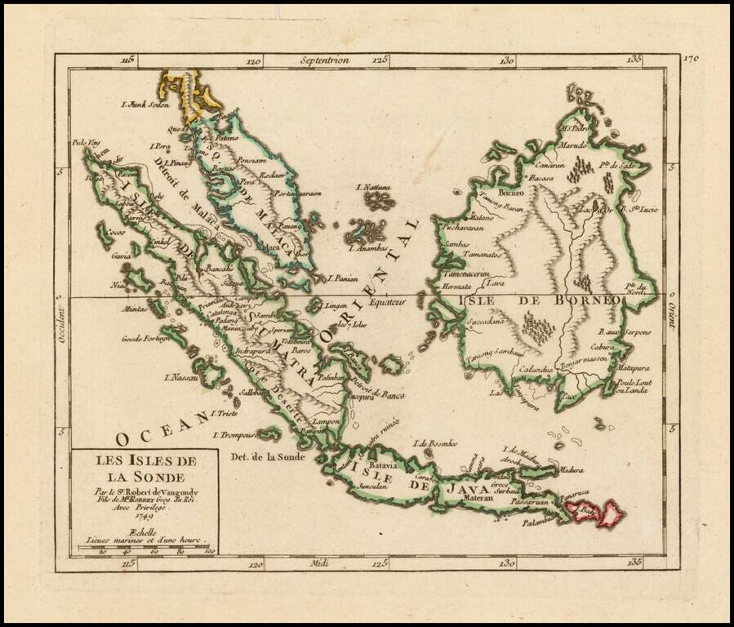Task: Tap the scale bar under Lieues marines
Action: click(x=144, y=547)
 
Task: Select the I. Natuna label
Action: click(x=374, y=188)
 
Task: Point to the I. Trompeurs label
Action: click(x=236, y=434)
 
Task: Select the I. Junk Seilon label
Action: click(x=145, y=104)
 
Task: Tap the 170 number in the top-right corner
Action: click(x=694, y=59)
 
